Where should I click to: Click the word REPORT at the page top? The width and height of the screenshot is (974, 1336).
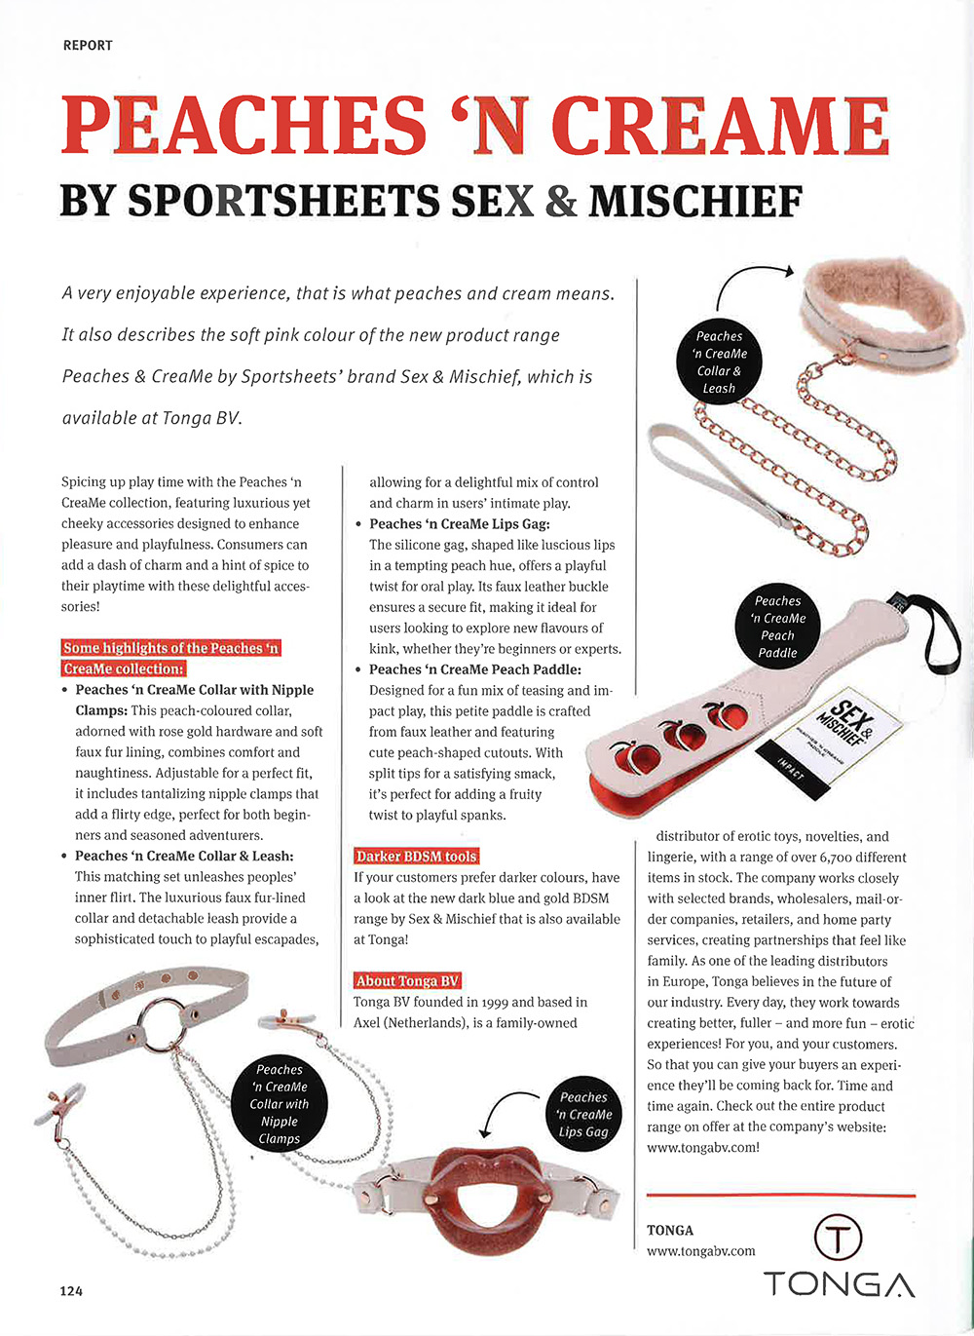pos(88,45)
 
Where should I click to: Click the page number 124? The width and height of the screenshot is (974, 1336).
pos(71,1290)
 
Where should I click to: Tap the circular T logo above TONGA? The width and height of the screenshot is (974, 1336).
pos(838,1239)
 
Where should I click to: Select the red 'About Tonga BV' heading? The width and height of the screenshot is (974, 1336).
pos(407,981)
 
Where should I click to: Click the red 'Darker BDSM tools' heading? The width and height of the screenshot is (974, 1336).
pos(416,857)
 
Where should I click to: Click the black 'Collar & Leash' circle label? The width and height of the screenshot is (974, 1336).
pos(720,362)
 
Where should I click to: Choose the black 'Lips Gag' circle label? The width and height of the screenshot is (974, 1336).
pos(584,1114)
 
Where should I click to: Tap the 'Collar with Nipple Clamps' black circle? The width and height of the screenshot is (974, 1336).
pos(279,1103)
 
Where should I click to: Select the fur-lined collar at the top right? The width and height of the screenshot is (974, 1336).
pos(877,312)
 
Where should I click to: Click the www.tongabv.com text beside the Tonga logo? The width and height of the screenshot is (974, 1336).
pos(700,1251)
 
